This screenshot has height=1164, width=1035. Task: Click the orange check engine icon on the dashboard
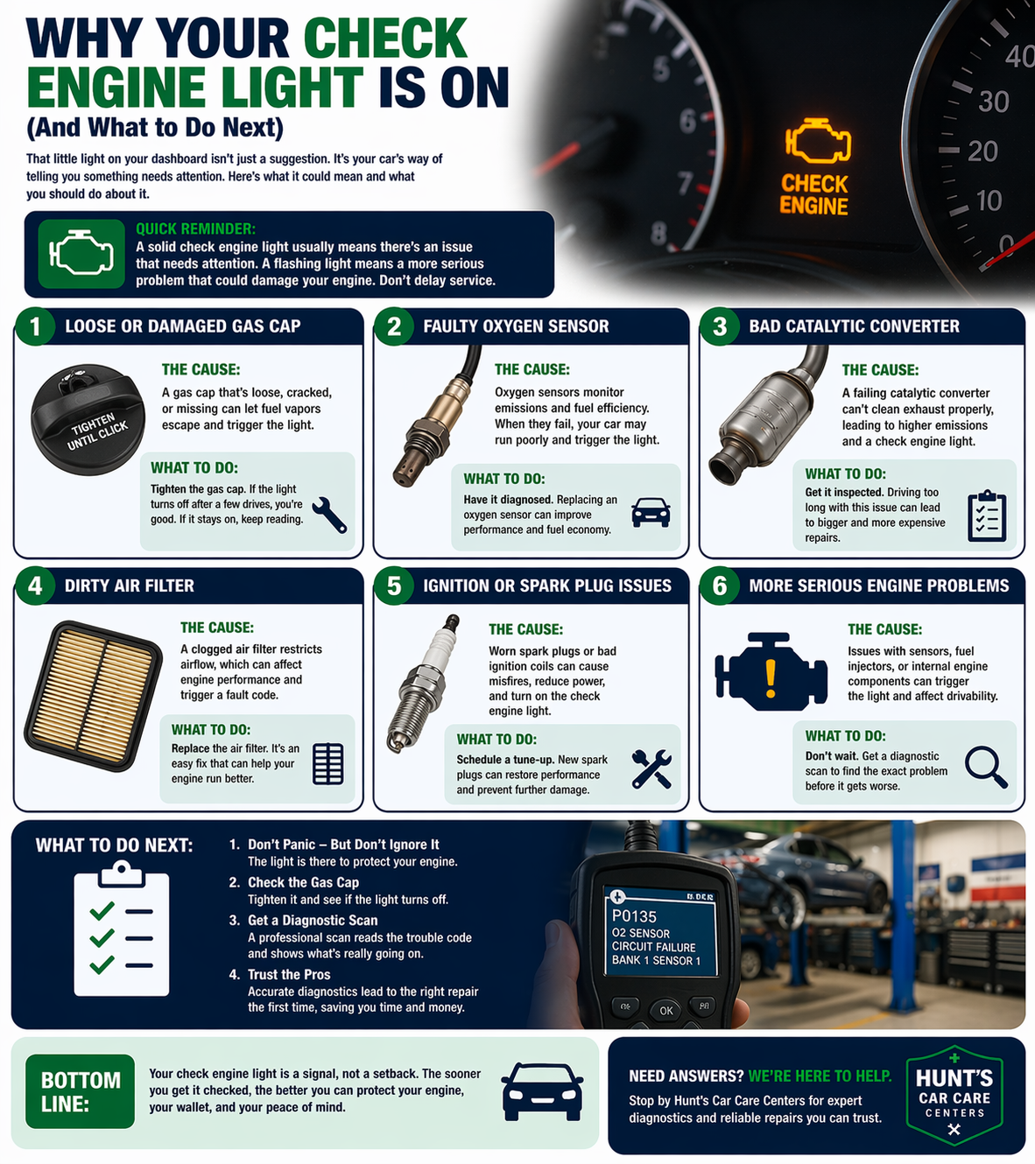coord(817,141)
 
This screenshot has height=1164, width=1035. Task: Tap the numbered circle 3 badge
coord(720,326)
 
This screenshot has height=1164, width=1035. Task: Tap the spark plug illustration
coord(423,684)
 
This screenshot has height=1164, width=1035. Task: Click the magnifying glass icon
coord(985,767)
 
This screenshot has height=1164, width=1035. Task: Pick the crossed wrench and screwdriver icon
coord(651,768)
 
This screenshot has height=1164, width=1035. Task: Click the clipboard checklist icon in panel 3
coord(987,516)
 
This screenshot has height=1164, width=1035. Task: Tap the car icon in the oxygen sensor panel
coord(651,512)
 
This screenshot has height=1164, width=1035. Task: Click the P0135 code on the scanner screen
coord(635,916)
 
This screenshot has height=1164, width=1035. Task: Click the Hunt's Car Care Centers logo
coord(954,1095)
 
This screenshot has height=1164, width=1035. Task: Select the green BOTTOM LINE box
coord(81,1091)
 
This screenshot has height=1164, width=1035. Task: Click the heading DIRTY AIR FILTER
coord(130,586)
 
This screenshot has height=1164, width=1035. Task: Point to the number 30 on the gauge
coord(993,102)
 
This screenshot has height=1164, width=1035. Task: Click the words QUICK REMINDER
coord(195,228)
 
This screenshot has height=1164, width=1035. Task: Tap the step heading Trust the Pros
coord(289,974)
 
